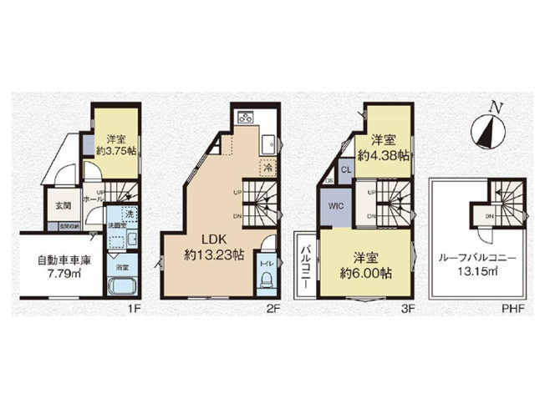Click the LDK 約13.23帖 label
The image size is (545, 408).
coord(215,248)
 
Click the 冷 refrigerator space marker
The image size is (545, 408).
coord(270,166)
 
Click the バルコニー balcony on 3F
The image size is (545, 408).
coord(307,265)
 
